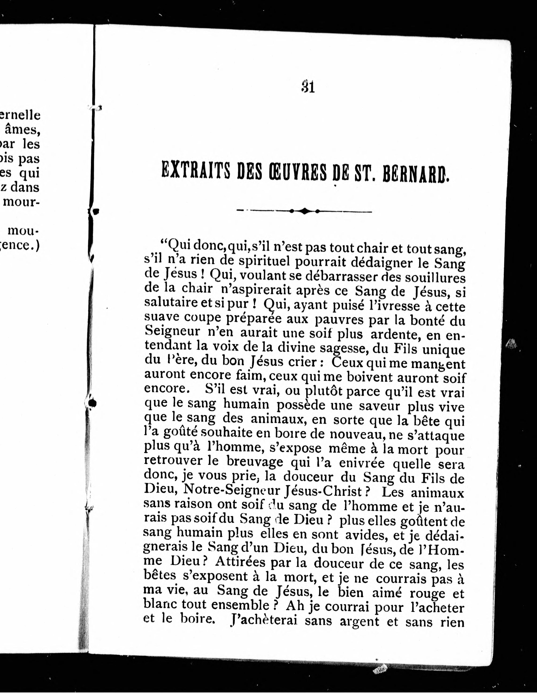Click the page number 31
coord(308,87)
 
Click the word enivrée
coord(362,464)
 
